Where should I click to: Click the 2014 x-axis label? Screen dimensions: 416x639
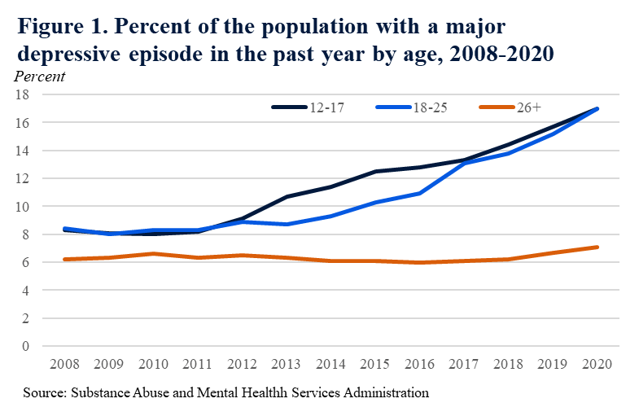pos(330,363)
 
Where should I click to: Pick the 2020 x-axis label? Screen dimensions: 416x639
pos(598,363)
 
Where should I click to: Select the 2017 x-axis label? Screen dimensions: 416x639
pos(464,363)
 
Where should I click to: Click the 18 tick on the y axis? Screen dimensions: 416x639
pos(24,94)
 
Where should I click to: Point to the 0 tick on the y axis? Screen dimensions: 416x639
pos(26,346)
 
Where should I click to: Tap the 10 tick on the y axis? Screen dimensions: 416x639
pos(24,206)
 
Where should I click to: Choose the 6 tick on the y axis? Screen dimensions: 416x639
pos(26,262)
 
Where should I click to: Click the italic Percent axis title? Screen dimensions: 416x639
pos(40,77)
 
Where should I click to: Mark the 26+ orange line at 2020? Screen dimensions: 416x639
pos(598,247)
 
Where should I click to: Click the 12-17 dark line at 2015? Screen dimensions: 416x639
pos(375,171)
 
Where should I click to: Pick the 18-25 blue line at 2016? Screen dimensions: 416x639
pos(420,193)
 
